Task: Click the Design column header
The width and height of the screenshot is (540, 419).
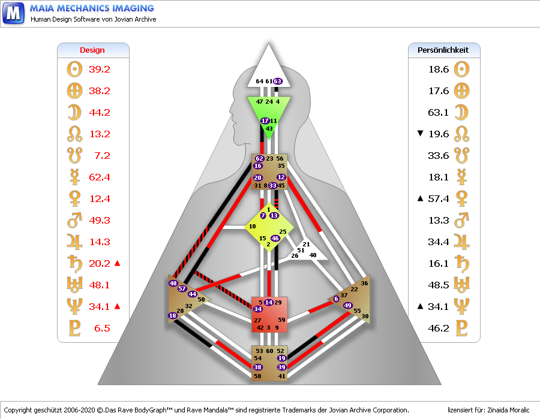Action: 92,50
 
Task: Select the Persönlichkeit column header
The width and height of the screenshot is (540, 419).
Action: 443,50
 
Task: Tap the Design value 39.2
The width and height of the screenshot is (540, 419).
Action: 100,69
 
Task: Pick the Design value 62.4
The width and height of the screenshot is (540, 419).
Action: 100,177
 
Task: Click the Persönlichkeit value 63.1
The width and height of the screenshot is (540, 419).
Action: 439,112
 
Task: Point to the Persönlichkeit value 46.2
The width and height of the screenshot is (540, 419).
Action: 439,328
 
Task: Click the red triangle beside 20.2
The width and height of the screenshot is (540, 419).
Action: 118,263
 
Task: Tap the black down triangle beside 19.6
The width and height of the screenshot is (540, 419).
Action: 420,134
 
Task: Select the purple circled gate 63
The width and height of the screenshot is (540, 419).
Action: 278,82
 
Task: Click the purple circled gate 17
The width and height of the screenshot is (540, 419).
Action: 265,121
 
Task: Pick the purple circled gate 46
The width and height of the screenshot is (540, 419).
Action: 275,238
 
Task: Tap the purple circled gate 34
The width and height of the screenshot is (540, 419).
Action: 257,309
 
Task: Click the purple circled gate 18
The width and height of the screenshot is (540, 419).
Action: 173,315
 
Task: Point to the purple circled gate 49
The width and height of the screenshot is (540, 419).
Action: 347,306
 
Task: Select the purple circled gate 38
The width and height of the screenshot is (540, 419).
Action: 258,367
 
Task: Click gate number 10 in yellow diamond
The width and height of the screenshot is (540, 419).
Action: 253,227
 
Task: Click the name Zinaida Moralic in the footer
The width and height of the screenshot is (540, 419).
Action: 509,410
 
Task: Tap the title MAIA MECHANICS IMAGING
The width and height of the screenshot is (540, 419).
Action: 92,8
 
